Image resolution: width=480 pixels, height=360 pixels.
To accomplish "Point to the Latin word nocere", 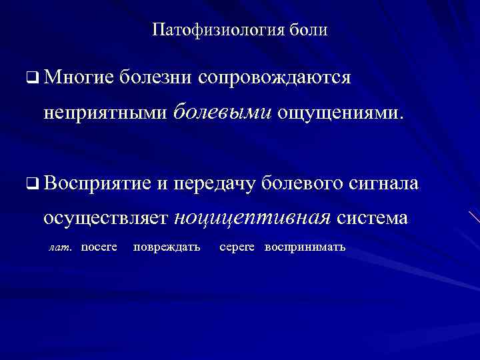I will click(x=99, y=247).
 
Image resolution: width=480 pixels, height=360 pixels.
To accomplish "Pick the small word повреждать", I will click(x=167, y=247).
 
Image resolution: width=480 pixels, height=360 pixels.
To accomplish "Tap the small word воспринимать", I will click(x=305, y=247).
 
